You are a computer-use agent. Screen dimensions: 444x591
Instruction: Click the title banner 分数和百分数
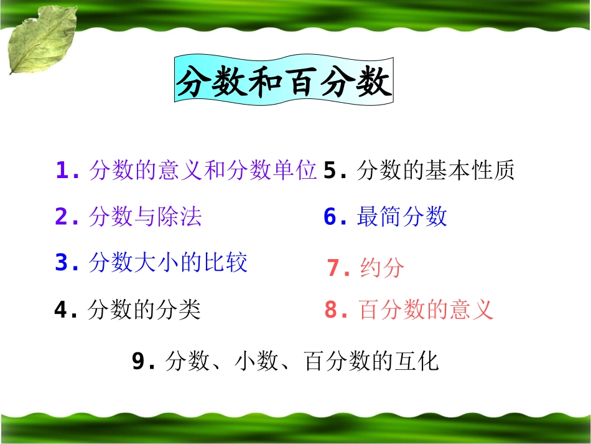pyautogui.click(x=284, y=80)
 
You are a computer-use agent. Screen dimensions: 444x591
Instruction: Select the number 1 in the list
pyautogui.click(x=62, y=171)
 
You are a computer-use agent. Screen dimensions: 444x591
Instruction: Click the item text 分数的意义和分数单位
pyautogui.click(x=203, y=171)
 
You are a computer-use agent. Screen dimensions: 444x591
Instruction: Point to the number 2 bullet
pyautogui.click(x=62, y=217)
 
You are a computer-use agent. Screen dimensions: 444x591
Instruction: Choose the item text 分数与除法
pyautogui.click(x=146, y=217)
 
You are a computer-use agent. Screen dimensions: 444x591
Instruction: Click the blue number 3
pyautogui.click(x=62, y=263)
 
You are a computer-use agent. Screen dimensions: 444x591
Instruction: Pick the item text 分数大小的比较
pyautogui.click(x=168, y=263)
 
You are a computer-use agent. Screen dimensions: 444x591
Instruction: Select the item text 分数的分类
pyautogui.click(x=144, y=309)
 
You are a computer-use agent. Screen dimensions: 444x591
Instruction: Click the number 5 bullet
pyautogui.click(x=330, y=171)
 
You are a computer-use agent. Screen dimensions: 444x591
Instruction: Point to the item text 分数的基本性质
pyautogui.click(x=435, y=171)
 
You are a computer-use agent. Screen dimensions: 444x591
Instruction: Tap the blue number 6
pyautogui.click(x=330, y=217)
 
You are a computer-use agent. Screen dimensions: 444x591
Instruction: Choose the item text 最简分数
pyautogui.click(x=402, y=217)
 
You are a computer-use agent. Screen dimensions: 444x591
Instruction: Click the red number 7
pyautogui.click(x=334, y=268)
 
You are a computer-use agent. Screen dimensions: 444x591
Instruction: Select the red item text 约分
pyautogui.click(x=382, y=268)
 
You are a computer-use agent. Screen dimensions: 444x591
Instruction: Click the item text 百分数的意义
pyautogui.click(x=426, y=309)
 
